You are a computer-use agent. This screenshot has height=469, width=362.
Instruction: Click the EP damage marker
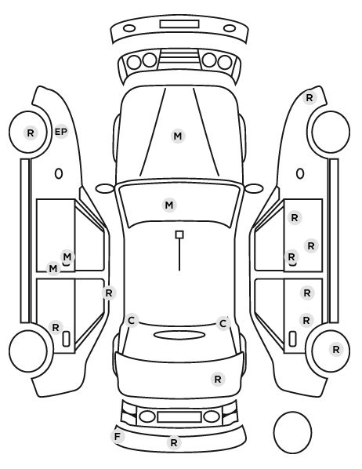click(61, 132)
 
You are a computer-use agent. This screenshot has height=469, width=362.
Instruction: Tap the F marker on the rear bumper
click(118, 436)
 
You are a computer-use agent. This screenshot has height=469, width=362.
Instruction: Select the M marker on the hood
click(178, 136)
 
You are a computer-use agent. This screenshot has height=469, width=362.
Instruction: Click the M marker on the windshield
click(169, 205)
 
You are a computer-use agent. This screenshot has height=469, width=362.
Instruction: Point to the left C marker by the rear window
click(132, 321)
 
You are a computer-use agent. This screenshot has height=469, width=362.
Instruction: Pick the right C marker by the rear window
click(223, 324)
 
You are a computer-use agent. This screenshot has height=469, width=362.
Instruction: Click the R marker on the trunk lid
click(218, 380)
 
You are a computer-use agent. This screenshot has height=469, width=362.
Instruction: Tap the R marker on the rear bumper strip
click(174, 442)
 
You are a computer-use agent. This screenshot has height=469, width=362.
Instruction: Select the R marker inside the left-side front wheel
click(31, 133)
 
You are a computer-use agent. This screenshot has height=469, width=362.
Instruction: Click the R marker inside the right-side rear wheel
click(336, 349)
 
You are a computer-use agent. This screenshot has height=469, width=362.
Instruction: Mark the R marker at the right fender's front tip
click(310, 97)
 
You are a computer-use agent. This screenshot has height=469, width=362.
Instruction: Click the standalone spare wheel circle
click(292, 432)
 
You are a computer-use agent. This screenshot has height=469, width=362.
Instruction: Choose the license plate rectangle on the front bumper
click(179, 24)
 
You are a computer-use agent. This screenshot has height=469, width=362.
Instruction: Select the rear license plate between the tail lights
click(179, 417)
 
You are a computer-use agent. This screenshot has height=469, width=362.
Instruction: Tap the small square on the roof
click(179, 234)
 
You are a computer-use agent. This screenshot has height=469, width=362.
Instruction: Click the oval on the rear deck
click(179, 336)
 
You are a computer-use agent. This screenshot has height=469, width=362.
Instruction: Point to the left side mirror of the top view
click(105, 188)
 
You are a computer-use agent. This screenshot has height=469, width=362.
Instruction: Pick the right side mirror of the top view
click(254, 188)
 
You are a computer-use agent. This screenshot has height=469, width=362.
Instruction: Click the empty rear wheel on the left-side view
click(28, 351)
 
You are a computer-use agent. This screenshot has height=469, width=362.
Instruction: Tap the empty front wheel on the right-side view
click(331, 132)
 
